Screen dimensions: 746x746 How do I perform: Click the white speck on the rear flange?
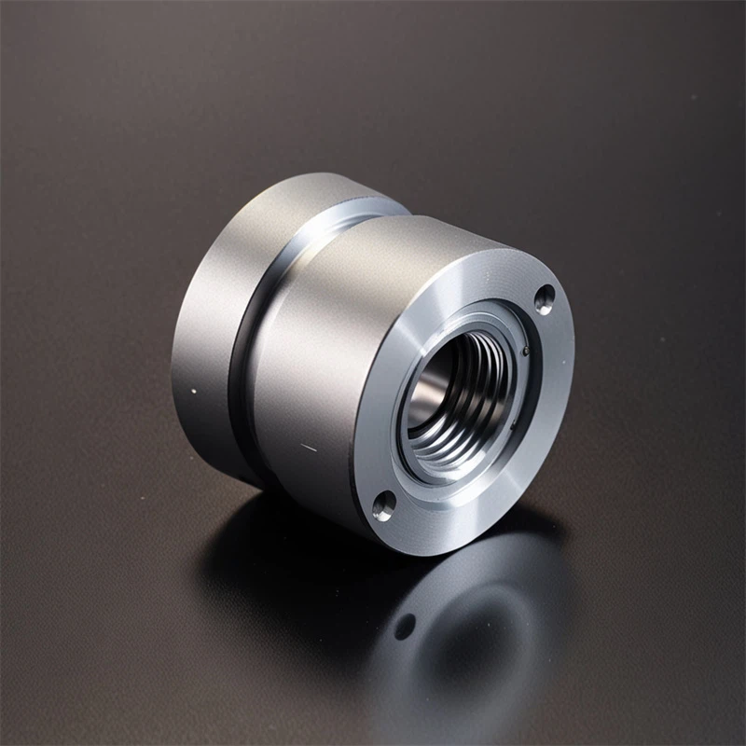193,391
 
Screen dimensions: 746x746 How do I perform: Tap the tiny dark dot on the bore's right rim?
527,352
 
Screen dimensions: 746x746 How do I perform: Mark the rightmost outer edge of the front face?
572,373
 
